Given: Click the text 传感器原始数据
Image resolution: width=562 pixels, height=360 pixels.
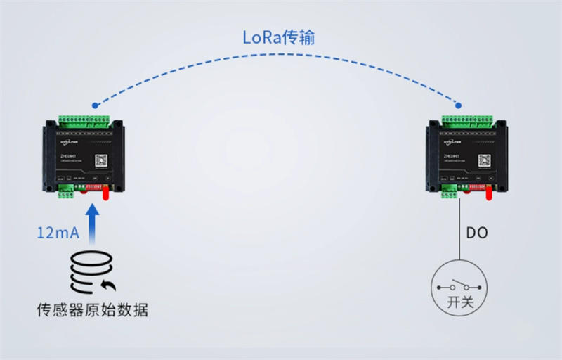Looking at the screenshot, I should click(92, 310).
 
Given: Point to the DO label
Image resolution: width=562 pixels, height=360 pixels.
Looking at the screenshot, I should click(477, 233).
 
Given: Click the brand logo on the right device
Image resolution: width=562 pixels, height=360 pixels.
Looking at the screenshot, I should click(450, 141).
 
